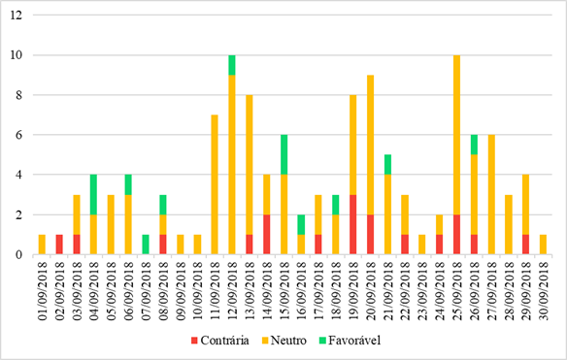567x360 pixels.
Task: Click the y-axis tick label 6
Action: click(18, 135)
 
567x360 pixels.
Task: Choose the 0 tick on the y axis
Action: click(18, 255)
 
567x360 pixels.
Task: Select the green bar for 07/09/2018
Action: click(146, 245)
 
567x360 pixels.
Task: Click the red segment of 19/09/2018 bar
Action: click(352, 225)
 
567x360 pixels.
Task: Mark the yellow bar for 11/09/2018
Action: click(215, 184)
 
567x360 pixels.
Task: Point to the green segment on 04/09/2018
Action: click(93, 194)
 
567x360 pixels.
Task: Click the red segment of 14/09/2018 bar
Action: click(266, 235)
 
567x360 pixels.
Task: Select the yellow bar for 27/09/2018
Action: click(490, 194)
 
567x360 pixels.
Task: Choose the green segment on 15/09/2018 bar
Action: click(283, 154)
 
